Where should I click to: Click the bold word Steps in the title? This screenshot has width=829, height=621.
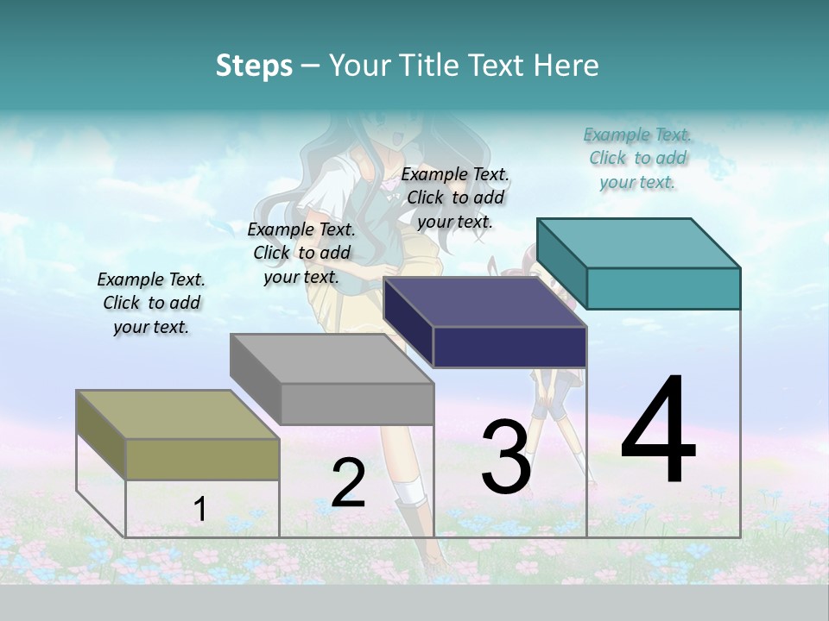(254, 66)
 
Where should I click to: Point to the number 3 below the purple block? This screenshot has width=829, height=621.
(506, 457)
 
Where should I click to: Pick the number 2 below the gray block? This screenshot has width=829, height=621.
(349, 483)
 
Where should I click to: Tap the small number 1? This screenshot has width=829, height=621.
(200, 510)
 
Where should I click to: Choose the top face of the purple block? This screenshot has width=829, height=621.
(484, 302)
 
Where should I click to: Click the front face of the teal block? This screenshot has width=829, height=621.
(663, 288)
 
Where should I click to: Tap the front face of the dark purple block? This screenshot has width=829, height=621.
(509, 347)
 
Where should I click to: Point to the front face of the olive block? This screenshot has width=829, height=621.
(202, 459)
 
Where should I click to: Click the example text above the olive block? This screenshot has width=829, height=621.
(151, 303)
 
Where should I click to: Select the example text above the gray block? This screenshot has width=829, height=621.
(301, 253)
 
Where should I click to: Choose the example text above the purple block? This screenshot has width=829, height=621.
(455, 198)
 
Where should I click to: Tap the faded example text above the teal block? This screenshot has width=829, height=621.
(637, 158)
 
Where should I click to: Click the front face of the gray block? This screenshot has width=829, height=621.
(357, 404)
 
